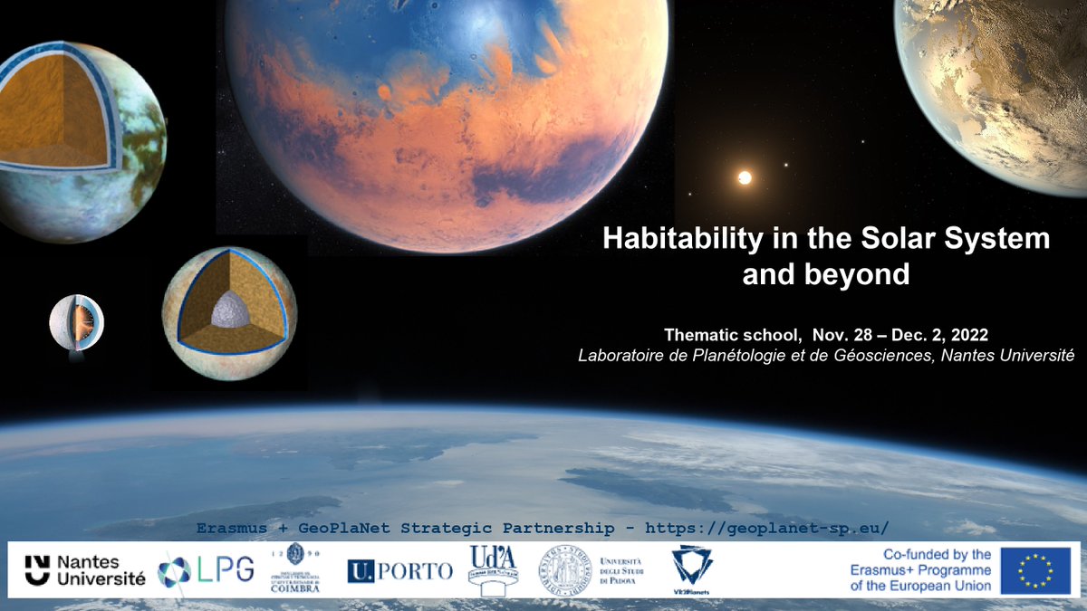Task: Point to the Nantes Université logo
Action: [84, 570]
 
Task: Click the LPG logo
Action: [206, 570]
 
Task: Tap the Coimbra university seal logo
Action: [294, 568]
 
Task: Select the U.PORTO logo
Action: [399, 570]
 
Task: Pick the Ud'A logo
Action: [492, 568]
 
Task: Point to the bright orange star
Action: [745, 177]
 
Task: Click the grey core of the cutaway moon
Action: [227, 311]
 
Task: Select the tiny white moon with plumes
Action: [76, 323]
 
